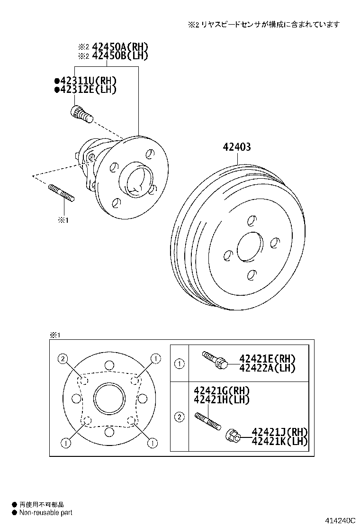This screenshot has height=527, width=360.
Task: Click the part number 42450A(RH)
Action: click(x=120, y=46)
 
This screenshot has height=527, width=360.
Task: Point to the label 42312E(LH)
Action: click(x=88, y=89)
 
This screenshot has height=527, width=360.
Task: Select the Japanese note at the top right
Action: click(x=263, y=24)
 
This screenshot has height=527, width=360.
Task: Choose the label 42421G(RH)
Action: click(x=221, y=391)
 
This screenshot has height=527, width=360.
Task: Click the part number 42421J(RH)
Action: click(x=279, y=432)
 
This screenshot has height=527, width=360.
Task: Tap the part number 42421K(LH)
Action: click(x=279, y=441)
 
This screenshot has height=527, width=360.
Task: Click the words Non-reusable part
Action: click(x=45, y=512)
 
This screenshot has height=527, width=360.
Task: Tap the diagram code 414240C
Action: click(x=340, y=520)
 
